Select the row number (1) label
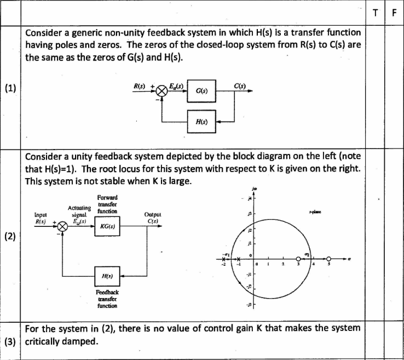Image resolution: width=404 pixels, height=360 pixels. (10, 89)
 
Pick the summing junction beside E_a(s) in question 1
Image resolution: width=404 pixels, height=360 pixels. (161, 90)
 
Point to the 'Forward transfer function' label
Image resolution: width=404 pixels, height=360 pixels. (106, 204)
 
